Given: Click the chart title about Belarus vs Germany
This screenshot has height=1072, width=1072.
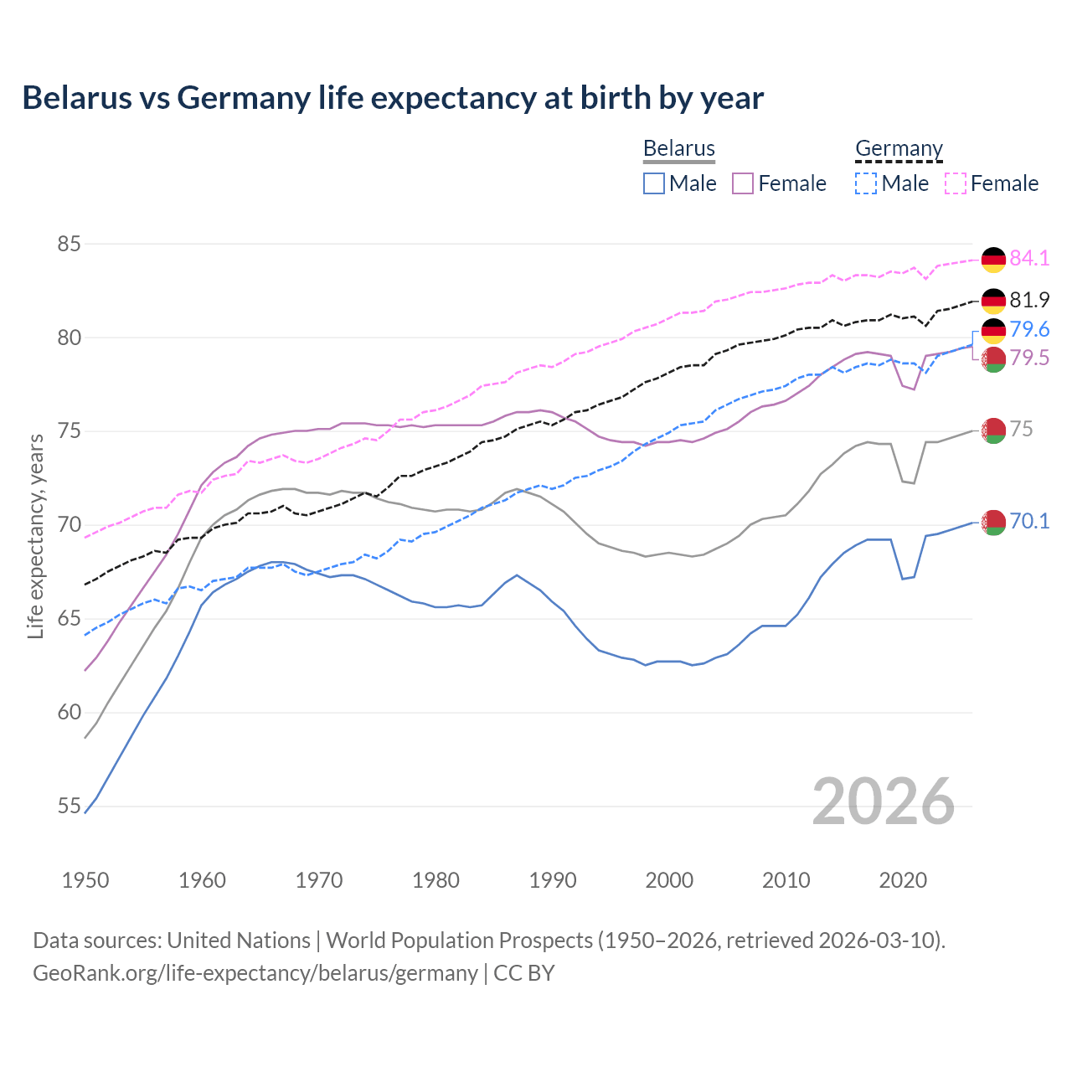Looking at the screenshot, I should (393, 98).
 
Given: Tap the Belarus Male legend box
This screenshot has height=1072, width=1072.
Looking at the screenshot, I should (654, 183).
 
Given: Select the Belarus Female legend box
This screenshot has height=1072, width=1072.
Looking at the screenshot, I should (743, 183).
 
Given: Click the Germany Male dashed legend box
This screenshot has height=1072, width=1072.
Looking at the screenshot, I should (866, 183).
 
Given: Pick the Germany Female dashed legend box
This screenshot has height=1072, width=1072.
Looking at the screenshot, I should (956, 183).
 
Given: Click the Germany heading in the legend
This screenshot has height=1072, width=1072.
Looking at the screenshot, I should (899, 148).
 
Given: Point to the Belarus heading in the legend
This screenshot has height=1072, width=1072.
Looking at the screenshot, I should (678, 148).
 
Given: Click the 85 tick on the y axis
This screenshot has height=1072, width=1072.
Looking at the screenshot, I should (69, 245).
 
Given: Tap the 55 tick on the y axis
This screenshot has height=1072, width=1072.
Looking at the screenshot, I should (69, 807).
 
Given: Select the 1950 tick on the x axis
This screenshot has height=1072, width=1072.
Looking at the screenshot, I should (85, 880).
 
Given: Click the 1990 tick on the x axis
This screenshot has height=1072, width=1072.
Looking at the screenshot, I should (553, 880).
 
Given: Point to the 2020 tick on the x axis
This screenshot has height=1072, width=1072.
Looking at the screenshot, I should (903, 880).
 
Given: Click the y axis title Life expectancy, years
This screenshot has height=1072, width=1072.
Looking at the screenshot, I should (36, 536).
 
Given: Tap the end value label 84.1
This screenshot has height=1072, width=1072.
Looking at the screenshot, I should (1029, 259).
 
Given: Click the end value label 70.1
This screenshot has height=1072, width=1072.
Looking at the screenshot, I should (1029, 522).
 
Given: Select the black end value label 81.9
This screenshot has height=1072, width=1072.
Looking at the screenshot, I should (1029, 300).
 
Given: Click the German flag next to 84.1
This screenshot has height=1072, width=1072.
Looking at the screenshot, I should (993, 260).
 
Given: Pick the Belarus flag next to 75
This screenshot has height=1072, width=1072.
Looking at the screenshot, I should (993, 430).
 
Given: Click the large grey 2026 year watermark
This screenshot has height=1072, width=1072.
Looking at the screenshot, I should (883, 801).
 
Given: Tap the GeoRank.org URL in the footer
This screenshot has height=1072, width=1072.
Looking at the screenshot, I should (255, 973).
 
